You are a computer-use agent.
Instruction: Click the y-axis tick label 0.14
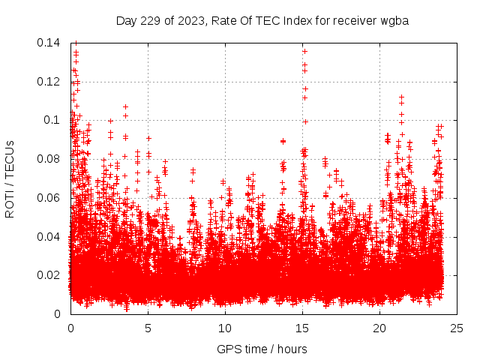50,43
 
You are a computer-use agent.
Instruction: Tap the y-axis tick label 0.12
50,81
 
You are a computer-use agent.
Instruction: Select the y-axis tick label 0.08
50,159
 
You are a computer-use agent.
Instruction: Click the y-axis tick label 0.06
50,198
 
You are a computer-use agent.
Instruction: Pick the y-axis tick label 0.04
50,236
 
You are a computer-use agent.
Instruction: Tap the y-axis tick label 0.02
50,275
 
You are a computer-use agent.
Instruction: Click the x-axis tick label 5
148,328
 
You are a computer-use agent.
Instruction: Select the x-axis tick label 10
225,328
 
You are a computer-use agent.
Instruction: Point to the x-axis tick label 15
302,328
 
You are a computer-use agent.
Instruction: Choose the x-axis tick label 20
379,328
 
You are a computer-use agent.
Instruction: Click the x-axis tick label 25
457,328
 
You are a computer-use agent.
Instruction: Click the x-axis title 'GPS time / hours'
262,349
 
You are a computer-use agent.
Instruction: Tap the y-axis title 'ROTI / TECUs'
10,178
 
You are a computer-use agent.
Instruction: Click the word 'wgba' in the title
394,20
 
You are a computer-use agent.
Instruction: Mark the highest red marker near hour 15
304,50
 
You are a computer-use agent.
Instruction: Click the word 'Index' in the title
298,20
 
